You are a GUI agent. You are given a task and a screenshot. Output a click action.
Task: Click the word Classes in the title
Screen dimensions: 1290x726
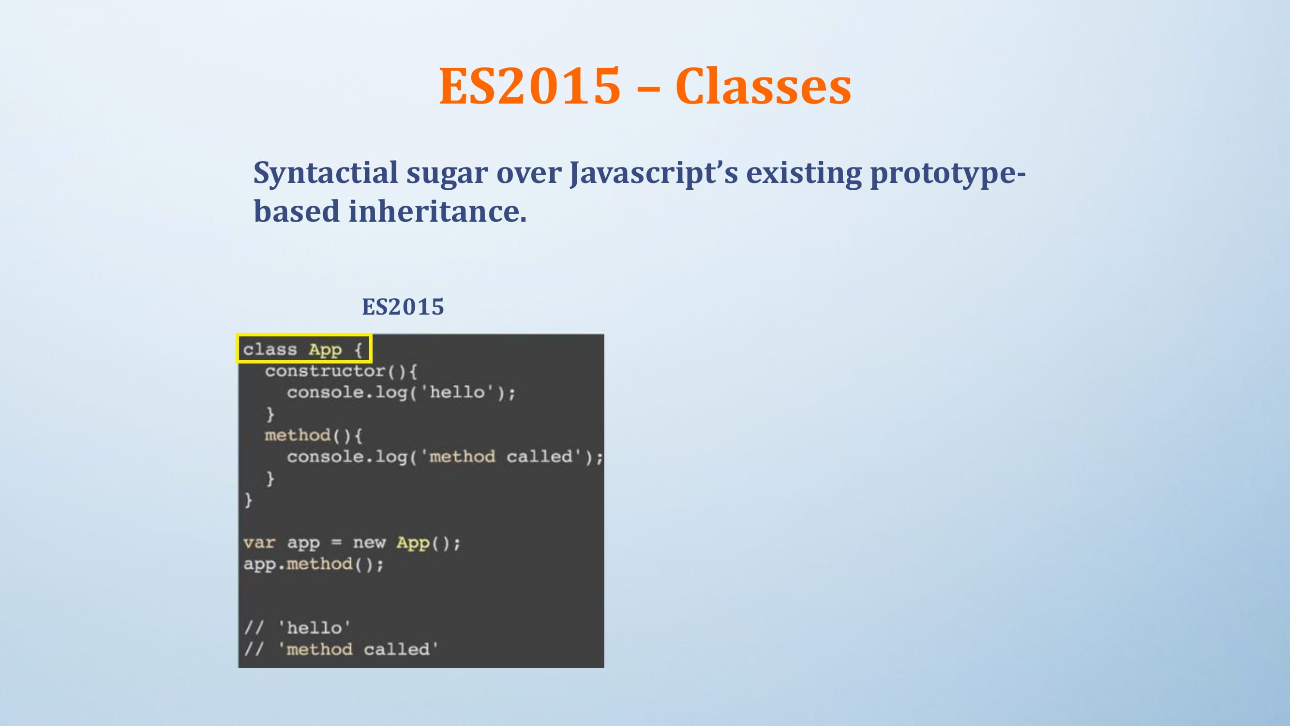763,86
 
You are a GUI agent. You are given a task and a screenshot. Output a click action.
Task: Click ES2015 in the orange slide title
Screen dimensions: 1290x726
530,86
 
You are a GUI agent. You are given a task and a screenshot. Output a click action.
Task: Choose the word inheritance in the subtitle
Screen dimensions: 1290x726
437,211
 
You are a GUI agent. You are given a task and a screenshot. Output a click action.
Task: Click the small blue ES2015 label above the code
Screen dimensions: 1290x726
403,307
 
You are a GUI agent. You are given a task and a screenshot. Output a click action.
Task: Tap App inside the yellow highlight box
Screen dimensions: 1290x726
325,350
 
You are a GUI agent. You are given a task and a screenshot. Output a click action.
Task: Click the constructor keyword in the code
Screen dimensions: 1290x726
325,371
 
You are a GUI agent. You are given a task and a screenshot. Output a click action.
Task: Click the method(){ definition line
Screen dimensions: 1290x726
313,436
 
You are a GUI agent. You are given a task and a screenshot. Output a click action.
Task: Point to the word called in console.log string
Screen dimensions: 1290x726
540,456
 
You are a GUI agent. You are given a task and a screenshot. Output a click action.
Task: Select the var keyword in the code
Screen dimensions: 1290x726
259,543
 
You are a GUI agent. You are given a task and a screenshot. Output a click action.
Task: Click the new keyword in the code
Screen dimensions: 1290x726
369,543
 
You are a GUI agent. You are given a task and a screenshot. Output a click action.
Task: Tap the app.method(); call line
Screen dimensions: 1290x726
314,564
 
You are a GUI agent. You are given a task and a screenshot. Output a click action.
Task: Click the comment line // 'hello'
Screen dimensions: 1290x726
297,628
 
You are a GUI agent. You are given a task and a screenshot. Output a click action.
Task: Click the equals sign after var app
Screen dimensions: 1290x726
336,543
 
